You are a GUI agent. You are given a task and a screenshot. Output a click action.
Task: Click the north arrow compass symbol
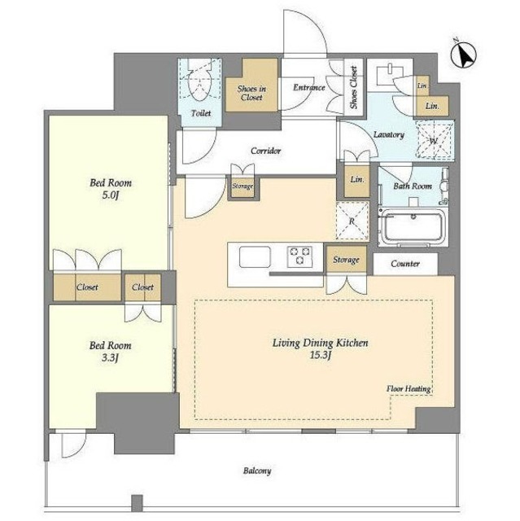(464, 55)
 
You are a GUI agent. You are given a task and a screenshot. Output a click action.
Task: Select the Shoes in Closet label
(251, 93)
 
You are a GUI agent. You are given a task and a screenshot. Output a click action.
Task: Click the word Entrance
(308, 88)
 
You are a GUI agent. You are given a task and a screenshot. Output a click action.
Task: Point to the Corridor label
(265, 151)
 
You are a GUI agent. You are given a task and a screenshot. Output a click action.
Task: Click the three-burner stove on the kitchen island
(300, 256)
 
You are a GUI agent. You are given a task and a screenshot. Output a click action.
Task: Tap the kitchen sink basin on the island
(255, 256)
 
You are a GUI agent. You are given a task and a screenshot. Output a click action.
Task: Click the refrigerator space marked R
(352, 220)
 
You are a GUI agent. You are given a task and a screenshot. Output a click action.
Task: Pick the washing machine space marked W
(435, 139)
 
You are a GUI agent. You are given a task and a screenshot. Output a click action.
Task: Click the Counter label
(405, 264)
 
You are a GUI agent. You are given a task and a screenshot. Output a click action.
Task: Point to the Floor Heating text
(409, 388)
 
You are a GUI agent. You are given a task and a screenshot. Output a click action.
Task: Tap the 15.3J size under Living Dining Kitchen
(321, 355)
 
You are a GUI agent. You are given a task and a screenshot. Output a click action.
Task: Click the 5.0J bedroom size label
(111, 195)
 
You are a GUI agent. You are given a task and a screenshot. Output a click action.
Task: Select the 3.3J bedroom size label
(110, 358)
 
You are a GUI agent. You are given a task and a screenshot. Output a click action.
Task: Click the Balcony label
(257, 471)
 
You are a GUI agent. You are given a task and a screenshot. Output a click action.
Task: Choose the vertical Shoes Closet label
(354, 87)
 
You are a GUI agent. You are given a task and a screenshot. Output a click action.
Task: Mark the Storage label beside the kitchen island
(346, 260)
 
